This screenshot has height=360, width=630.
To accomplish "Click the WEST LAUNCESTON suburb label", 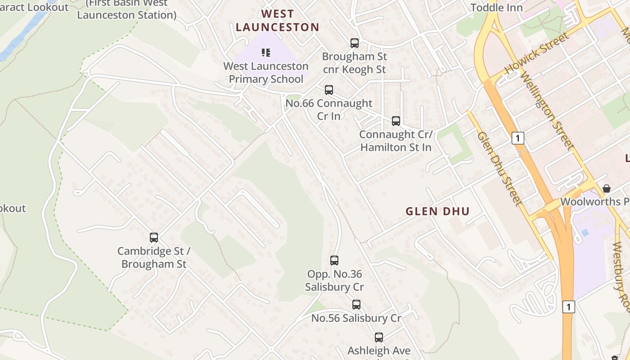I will [277, 21].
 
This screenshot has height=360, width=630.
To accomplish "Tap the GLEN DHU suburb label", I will [437, 211].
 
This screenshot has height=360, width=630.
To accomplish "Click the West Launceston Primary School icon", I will [266, 53].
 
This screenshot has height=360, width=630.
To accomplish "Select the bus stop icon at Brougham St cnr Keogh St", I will [355, 43].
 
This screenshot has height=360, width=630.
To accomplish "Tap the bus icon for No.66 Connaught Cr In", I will [329, 90].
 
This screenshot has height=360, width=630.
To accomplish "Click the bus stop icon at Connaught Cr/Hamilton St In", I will [396, 121].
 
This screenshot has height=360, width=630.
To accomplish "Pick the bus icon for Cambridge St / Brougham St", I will [154, 238].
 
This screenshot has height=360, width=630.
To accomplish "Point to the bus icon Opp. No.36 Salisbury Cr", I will [334, 261].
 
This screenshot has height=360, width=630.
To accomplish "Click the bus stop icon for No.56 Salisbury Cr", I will [356, 305].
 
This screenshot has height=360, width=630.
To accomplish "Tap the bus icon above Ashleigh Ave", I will [379, 337].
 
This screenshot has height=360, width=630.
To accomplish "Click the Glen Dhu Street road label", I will [499, 169].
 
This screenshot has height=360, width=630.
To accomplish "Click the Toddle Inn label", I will [496, 7].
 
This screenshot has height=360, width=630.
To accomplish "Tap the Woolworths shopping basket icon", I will [607, 188].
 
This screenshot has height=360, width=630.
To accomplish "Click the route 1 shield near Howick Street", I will [518, 138].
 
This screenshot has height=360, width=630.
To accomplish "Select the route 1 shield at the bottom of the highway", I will [569, 307].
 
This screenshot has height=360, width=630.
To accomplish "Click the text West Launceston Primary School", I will [266, 72].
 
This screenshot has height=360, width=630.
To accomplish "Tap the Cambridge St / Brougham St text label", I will [154, 257].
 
